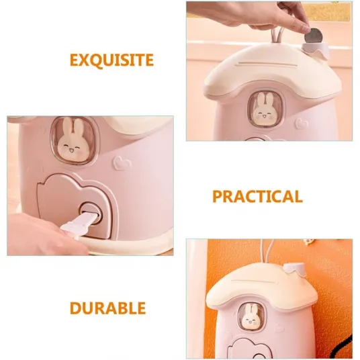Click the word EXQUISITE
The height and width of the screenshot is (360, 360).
coord(111,60)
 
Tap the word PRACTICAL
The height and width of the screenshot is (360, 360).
coord(257,197)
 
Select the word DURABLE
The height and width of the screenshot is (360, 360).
coord(107,308)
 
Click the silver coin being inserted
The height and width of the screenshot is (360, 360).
coord(313,36)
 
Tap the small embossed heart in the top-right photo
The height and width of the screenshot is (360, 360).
coord(302,124)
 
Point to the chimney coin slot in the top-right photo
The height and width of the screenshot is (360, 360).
coord(316,49)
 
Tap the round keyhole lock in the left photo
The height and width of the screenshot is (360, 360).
coord(90,213)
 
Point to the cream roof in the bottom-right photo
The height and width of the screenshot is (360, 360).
coord(261,287)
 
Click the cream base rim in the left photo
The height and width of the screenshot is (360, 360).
coord(128,246)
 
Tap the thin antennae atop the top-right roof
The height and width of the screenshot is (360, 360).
coord(277,36)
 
